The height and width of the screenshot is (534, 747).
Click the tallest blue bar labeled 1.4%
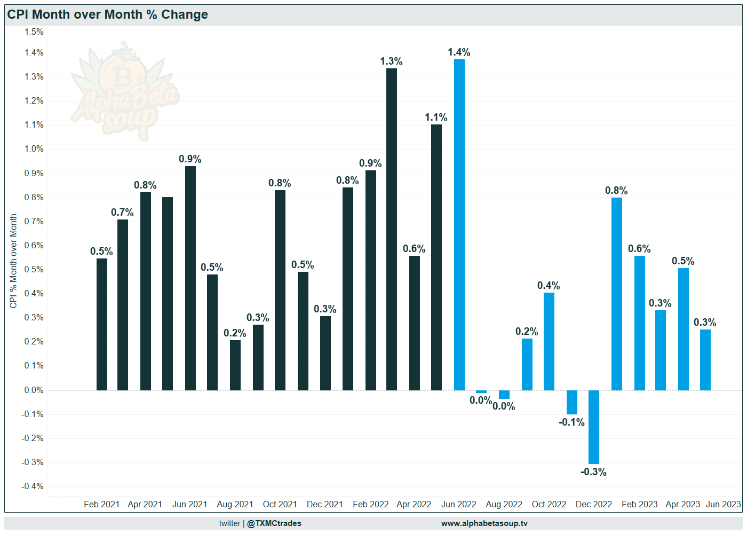coord(459,224)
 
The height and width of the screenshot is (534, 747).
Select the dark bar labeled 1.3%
coord(392,230)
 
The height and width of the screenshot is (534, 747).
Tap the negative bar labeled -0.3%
coord(594,427)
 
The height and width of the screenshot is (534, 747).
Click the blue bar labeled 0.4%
coord(549,342)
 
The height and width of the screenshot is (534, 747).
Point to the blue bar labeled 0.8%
coord(617,294)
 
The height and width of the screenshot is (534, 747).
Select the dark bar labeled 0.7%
coord(123,304)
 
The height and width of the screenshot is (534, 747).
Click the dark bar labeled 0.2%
coord(235,365)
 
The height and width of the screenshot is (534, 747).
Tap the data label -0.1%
coord(571,422)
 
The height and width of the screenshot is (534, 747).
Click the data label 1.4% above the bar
coord(459,52)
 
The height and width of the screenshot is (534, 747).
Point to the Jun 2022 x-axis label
coord(459,504)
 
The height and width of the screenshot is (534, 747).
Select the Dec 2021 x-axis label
coord(324,504)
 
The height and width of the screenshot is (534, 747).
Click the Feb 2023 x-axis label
coord(639,504)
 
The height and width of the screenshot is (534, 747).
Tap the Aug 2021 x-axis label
coord(235,504)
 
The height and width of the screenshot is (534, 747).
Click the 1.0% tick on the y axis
coord(34,149)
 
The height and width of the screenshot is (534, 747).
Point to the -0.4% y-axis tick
coord(33,486)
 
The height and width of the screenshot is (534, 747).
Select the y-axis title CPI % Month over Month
coord(13,261)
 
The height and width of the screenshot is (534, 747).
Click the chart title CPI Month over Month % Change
coord(107,14)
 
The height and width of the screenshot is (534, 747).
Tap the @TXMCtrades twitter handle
coord(274,523)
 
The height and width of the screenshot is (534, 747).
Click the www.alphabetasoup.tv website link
coord(484,523)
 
